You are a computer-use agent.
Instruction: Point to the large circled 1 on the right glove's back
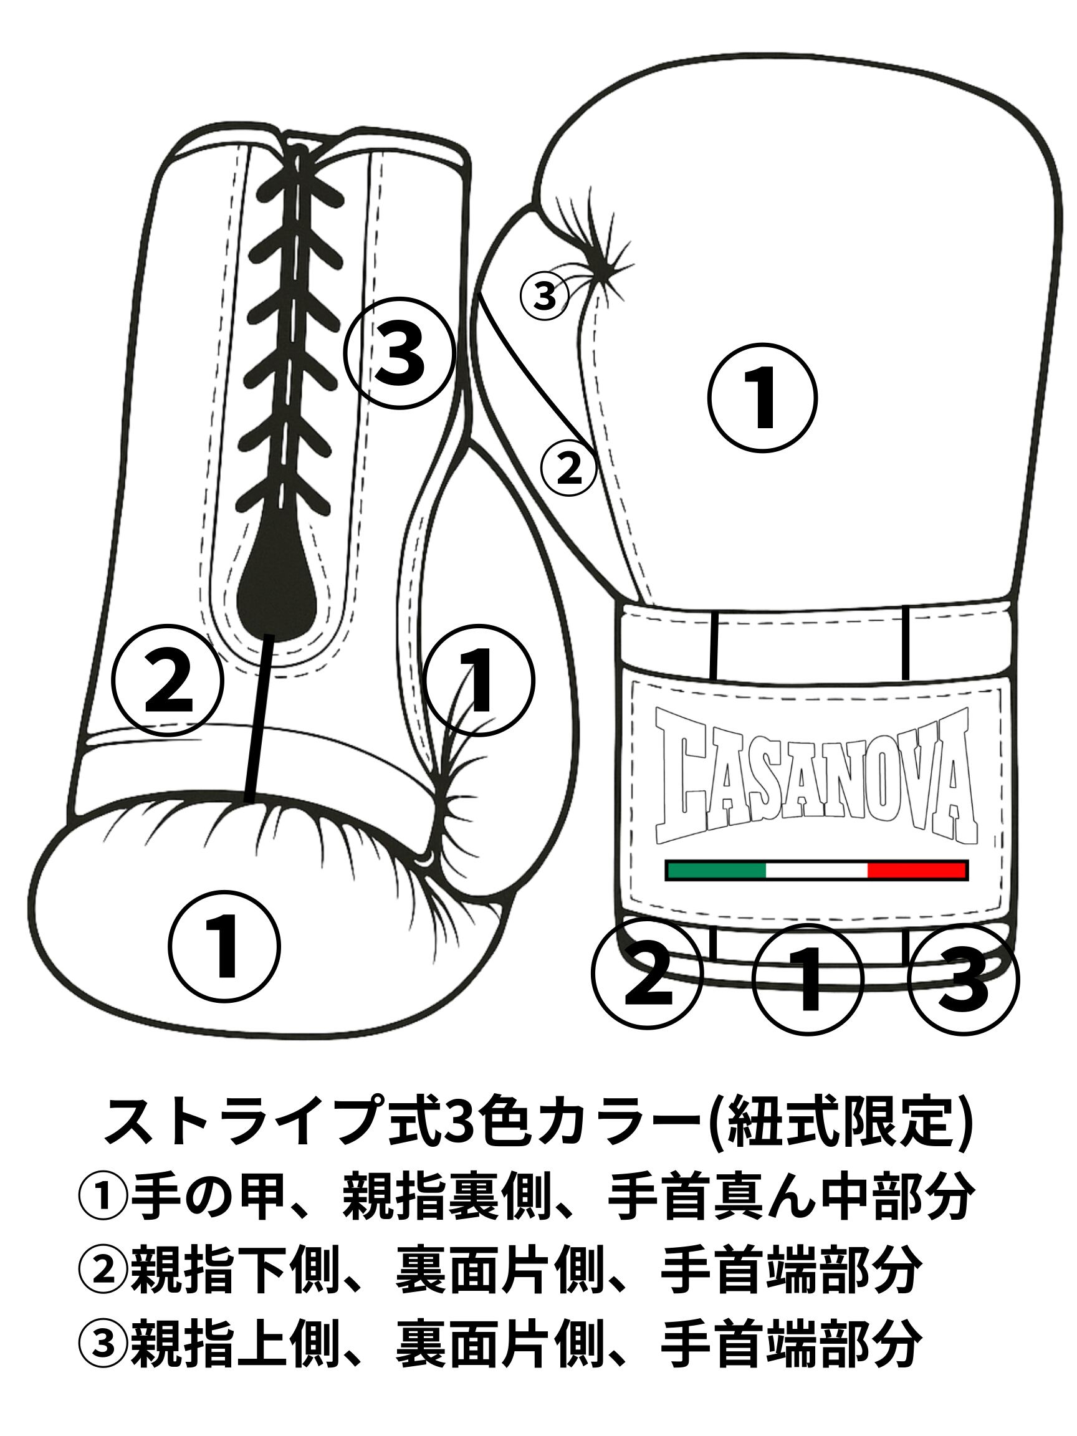point(762,398)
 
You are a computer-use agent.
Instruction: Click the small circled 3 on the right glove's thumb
point(545,297)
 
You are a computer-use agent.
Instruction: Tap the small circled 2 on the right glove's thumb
point(568,468)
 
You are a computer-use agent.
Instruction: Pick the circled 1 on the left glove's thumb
point(480,681)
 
